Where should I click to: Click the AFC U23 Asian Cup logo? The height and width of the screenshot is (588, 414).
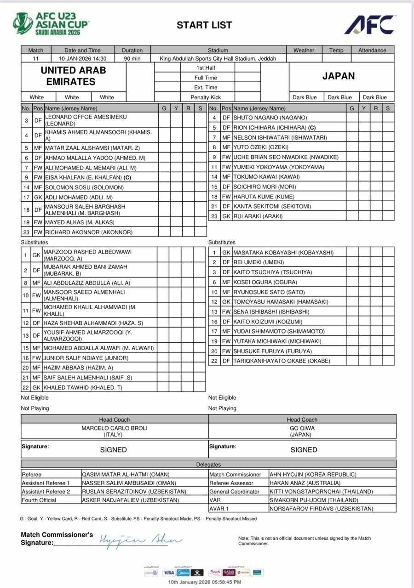(x=51, y=24)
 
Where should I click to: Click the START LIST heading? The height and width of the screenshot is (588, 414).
(x=204, y=25)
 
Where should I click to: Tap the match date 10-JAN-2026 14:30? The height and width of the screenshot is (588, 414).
(x=82, y=59)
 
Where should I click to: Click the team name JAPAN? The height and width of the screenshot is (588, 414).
(x=339, y=76)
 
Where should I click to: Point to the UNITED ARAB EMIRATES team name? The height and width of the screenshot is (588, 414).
(x=73, y=76)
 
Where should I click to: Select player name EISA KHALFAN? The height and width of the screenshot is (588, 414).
(x=83, y=177)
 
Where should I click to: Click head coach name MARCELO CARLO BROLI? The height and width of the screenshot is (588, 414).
(x=115, y=428)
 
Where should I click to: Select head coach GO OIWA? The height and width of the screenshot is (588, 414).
(x=302, y=428)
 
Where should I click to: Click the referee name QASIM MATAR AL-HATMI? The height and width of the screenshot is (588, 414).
(x=126, y=475)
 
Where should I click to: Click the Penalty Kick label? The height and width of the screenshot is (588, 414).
(x=206, y=97)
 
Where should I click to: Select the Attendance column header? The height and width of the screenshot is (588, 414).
(x=372, y=51)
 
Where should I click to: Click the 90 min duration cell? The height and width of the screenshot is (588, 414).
(x=132, y=59)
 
